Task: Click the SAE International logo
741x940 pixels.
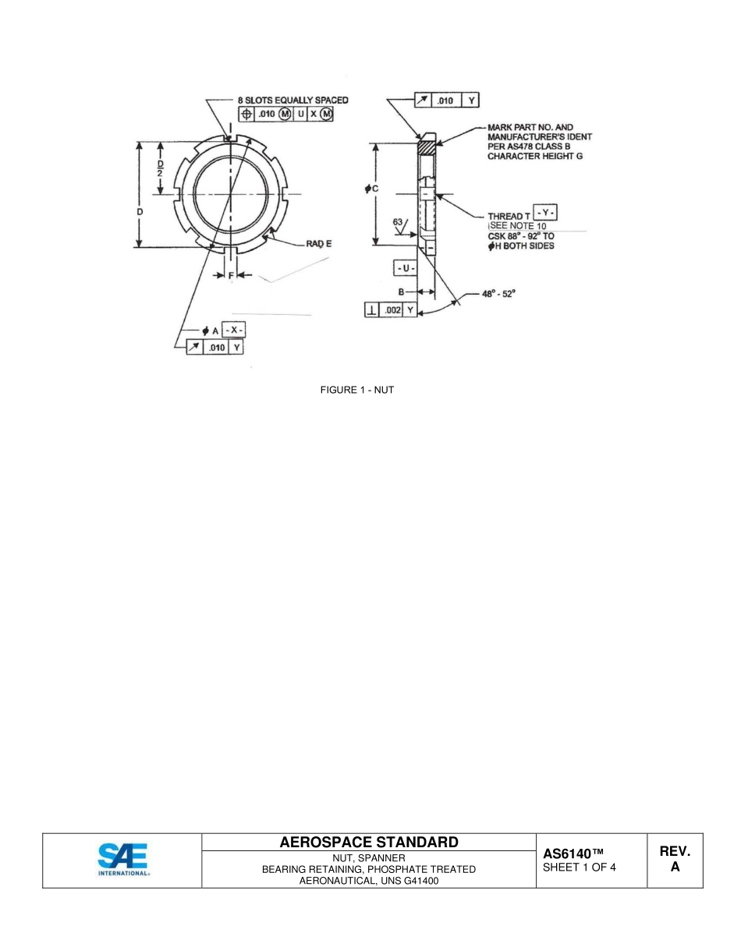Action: point(123,860)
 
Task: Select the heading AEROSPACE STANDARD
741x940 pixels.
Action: point(368,842)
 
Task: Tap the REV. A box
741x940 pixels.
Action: point(675,860)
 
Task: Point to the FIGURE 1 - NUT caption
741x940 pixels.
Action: point(357,390)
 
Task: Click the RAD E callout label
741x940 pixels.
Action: point(318,244)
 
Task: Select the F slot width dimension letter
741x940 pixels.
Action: point(230,275)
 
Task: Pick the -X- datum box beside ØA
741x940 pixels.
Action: point(234,330)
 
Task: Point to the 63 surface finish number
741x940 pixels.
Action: point(399,222)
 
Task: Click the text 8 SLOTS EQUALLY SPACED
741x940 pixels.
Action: point(292,101)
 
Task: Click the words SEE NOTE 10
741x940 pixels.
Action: point(518,226)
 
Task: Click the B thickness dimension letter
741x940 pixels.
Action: point(401,292)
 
